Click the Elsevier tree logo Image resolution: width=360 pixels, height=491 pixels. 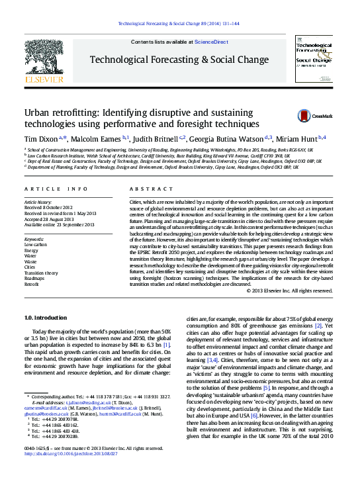point(44,60)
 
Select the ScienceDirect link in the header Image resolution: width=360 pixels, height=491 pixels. point(212,42)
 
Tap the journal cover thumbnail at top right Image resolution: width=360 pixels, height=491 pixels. point(314,60)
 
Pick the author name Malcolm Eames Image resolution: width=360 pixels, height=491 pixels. point(99,139)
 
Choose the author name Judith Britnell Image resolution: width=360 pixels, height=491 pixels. point(156,139)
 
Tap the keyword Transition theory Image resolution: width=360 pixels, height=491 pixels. point(41,273)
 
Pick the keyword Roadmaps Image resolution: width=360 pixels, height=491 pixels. point(34,279)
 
